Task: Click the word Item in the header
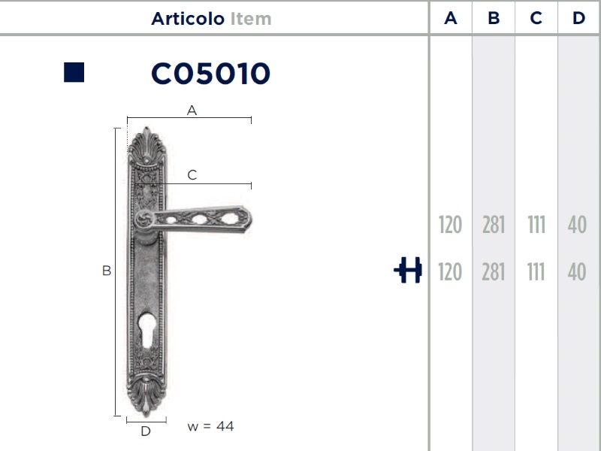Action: tap(251, 19)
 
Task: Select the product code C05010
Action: tap(210, 74)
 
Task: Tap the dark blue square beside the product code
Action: tap(74, 72)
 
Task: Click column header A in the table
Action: tap(451, 19)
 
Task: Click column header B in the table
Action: tap(494, 19)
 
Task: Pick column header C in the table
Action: tap(536, 19)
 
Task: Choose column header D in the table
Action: tap(578, 19)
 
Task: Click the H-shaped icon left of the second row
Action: tap(408, 271)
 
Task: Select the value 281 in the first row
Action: tap(494, 225)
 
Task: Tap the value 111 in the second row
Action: tap(536, 271)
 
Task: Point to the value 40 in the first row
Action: tap(577, 225)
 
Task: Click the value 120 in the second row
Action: tap(450, 271)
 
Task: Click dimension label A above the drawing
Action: tap(192, 110)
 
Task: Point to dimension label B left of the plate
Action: tap(107, 271)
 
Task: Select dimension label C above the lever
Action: tap(192, 175)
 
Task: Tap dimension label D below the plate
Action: tap(146, 431)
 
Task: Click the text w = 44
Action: tap(210, 426)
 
